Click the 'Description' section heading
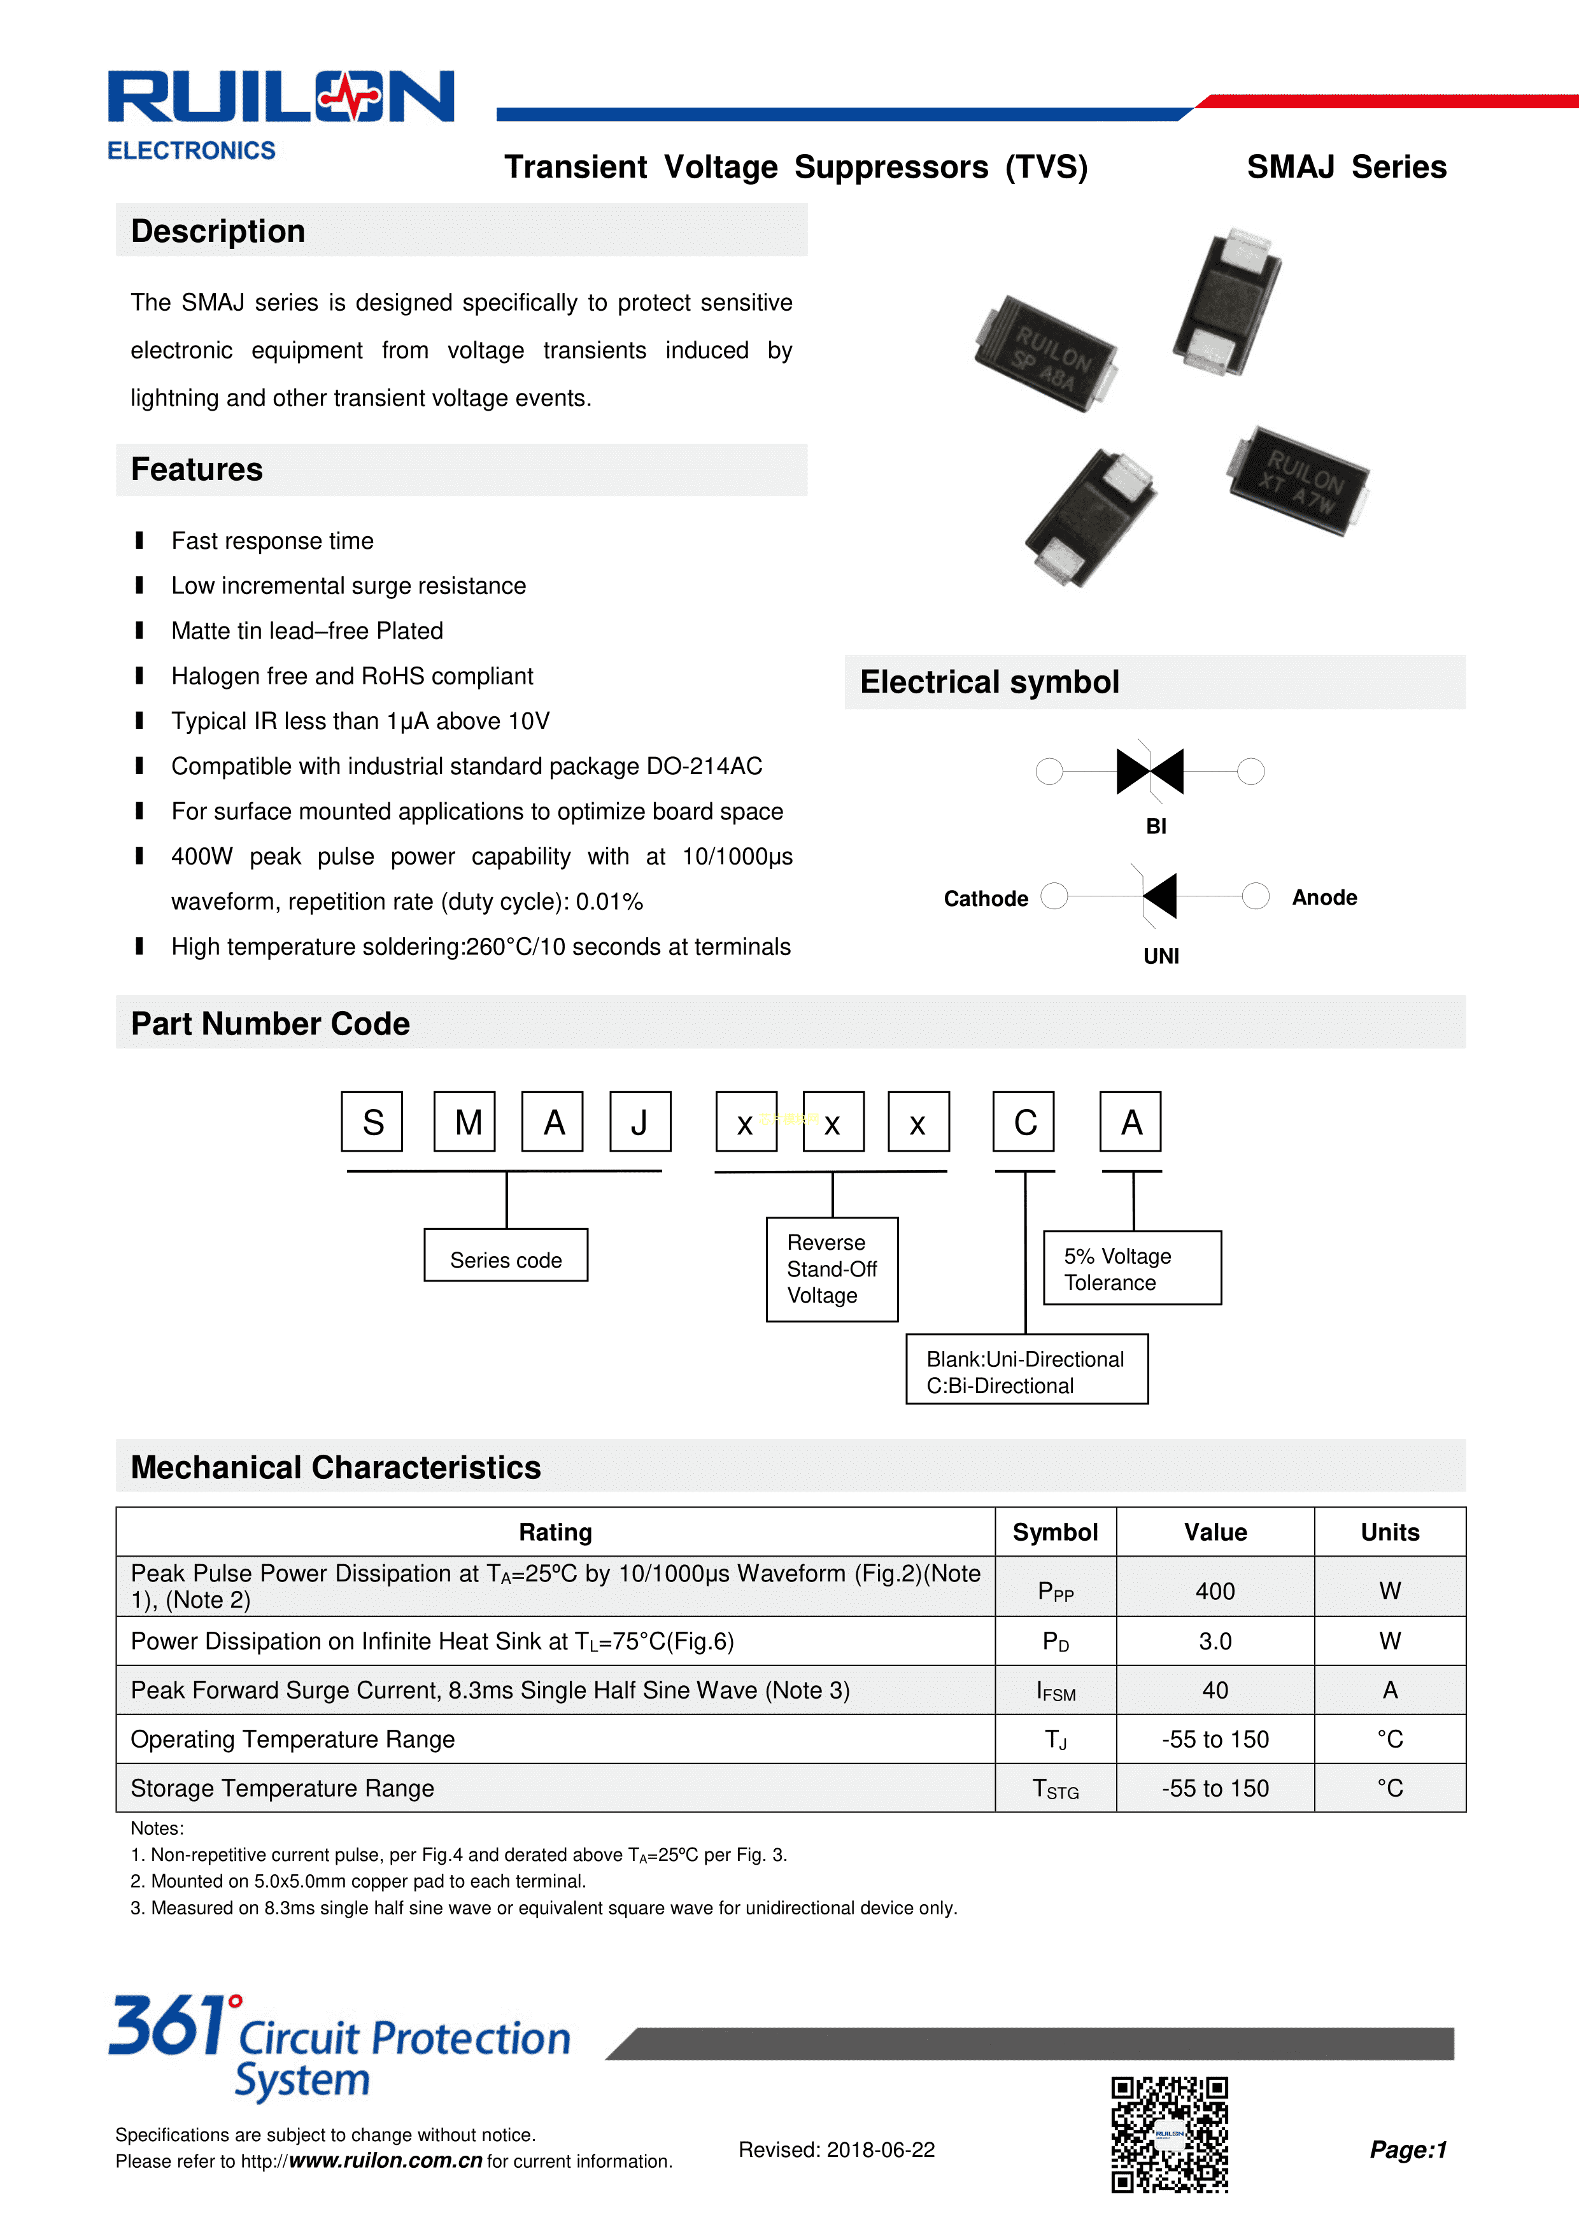(218, 232)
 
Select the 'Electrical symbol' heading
(989, 682)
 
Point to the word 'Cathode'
(986, 898)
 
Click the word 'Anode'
(1324, 897)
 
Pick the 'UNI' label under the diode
(1161, 956)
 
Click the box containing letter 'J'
(639, 1122)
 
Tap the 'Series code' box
(506, 1259)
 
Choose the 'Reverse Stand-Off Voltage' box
(832, 1269)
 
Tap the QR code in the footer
(1170, 2134)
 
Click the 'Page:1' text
(1408, 2149)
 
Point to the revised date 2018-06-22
(836, 2149)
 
